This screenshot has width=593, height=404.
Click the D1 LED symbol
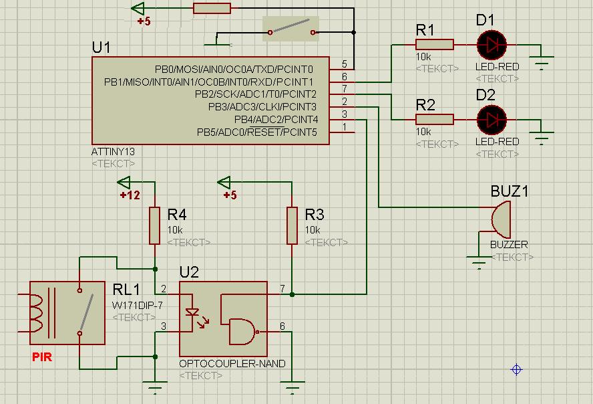tap(492, 45)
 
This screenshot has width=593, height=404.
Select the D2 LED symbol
tap(492, 120)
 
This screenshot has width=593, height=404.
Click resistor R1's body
tap(434, 45)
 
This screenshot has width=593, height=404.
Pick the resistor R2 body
tap(434, 120)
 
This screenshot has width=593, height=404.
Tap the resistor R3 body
tap(292, 225)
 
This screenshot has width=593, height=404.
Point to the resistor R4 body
tap(155, 225)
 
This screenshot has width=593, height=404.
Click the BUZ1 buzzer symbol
tap(500, 217)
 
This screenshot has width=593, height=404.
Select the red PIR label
tap(42, 357)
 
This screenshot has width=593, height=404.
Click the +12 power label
tap(130, 195)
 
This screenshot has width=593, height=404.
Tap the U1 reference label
tap(102, 48)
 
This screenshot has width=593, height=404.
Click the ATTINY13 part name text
tap(113, 152)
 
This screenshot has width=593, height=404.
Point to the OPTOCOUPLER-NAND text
tap(232, 363)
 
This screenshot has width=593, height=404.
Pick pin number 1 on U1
tap(345, 127)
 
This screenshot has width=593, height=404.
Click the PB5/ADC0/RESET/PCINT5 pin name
tap(257, 132)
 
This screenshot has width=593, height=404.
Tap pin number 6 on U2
tap(282, 326)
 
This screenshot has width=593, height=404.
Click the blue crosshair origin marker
tap(516, 369)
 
